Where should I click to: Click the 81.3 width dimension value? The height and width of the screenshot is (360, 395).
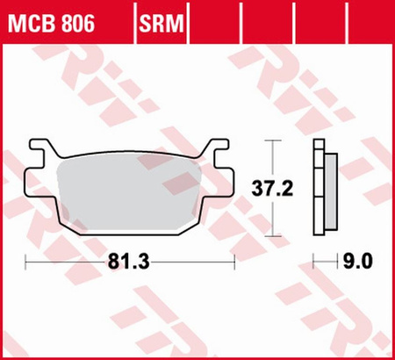(x=132, y=262)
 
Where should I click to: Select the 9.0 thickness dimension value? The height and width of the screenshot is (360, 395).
(x=360, y=262)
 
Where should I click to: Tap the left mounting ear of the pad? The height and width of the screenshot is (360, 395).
(x=37, y=155)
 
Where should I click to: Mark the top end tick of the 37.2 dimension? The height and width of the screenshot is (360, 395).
(x=273, y=140)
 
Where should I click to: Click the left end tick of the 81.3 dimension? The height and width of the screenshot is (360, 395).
(x=26, y=262)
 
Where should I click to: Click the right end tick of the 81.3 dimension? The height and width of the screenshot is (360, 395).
(x=237, y=262)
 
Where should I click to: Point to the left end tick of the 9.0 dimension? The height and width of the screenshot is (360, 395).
(x=314, y=262)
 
